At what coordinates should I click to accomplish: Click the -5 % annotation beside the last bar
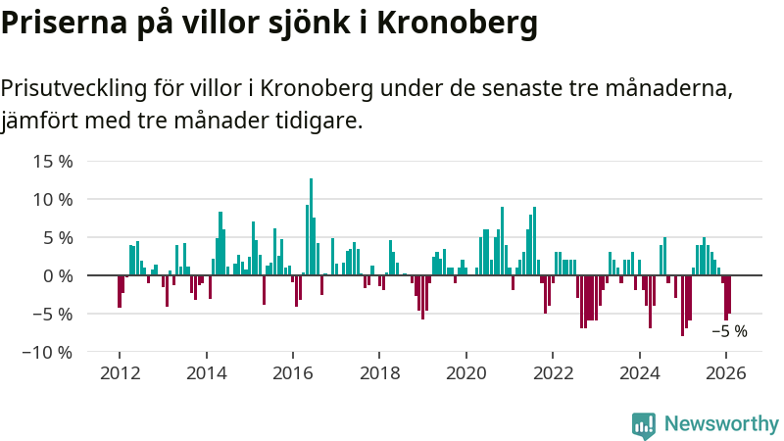pyautogui.click(x=728, y=331)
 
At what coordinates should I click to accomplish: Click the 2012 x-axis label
pyautogui.click(x=120, y=372)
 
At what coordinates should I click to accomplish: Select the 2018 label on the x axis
pyautogui.click(x=380, y=372)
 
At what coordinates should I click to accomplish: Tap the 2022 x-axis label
pyautogui.click(x=554, y=372)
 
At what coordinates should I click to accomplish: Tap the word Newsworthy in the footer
pyautogui.click(x=721, y=424)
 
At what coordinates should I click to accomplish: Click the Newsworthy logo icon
pyautogui.click(x=644, y=424)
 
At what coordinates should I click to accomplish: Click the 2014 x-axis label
pyautogui.click(x=207, y=372)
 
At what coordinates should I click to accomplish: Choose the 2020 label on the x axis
pyautogui.click(x=466, y=372)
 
